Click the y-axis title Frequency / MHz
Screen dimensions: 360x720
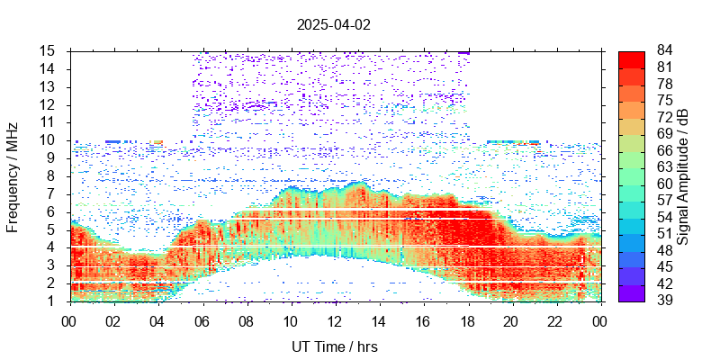coord(13,176)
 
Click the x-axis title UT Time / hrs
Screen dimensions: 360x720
coord(335,346)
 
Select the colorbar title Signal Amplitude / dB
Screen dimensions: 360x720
coord(684,176)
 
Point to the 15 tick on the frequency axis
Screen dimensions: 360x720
coord(49,50)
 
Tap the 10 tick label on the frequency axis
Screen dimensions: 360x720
coord(49,139)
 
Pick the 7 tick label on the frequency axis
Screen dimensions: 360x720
coord(53,193)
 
